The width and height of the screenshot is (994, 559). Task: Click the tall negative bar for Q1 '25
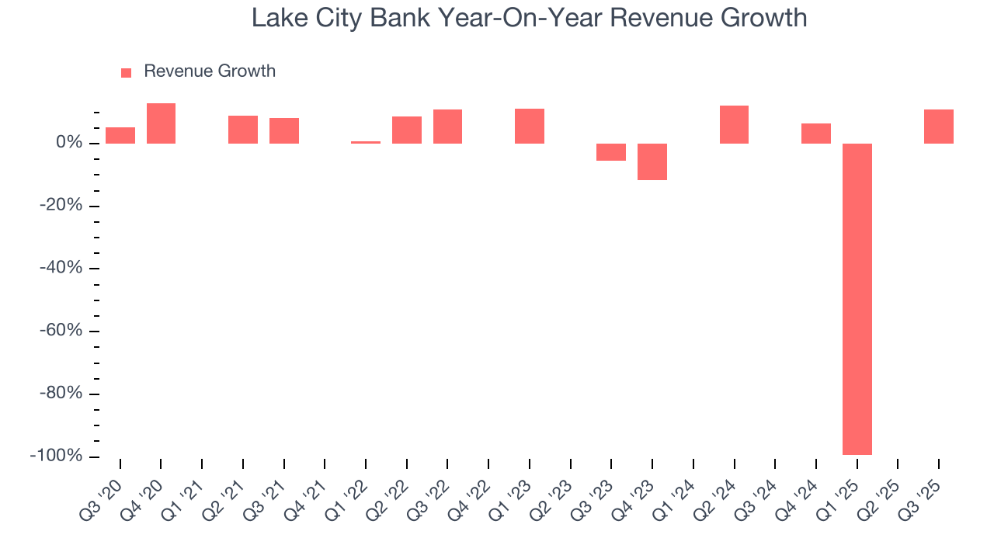[x=857, y=299]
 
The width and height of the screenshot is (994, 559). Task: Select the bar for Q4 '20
[x=161, y=123]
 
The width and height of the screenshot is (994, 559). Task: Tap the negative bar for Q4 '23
[x=652, y=161]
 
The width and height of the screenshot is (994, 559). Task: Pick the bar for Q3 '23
[x=611, y=152]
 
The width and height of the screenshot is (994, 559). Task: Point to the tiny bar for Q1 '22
[x=366, y=142]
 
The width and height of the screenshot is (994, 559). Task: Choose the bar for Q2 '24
[x=734, y=124]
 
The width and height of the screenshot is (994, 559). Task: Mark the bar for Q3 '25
[x=938, y=127]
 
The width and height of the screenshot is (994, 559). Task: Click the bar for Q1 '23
[x=530, y=126]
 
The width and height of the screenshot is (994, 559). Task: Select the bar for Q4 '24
[x=816, y=134]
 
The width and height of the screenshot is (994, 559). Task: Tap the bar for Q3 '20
[x=120, y=135]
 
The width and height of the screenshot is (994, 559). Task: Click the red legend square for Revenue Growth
[x=126, y=72]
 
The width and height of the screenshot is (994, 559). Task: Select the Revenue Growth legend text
[x=210, y=71]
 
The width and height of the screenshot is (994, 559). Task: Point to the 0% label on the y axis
[x=69, y=143]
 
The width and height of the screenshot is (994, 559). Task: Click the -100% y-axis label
[x=56, y=456]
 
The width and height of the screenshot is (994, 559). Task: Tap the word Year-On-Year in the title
[x=524, y=17]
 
